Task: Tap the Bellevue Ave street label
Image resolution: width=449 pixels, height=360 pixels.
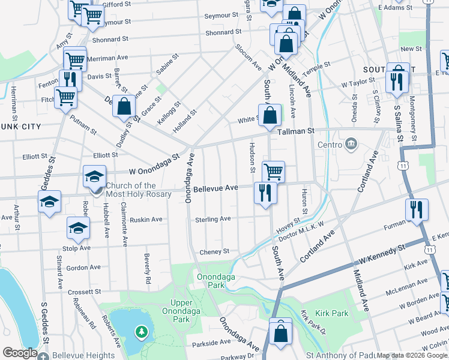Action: tap(215, 188)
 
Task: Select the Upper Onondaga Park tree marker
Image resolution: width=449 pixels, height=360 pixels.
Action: tap(142, 331)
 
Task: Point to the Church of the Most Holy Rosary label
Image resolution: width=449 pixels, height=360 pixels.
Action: tap(139, 190)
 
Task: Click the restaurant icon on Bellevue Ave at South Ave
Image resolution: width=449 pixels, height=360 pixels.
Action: tap(265, 193)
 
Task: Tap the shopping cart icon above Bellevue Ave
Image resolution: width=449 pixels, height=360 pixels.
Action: tap(273, 172)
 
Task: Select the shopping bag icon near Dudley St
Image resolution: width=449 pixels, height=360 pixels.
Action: tap(124, 107)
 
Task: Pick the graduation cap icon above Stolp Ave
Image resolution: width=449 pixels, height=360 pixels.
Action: tap(78, 227)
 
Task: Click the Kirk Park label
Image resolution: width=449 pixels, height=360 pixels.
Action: tap(331, 313)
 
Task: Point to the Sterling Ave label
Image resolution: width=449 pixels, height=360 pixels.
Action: tap(212, 220)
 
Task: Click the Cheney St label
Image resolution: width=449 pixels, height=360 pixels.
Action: tap(214, 252)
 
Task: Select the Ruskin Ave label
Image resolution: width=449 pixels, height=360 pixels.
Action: tap(148, 220)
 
